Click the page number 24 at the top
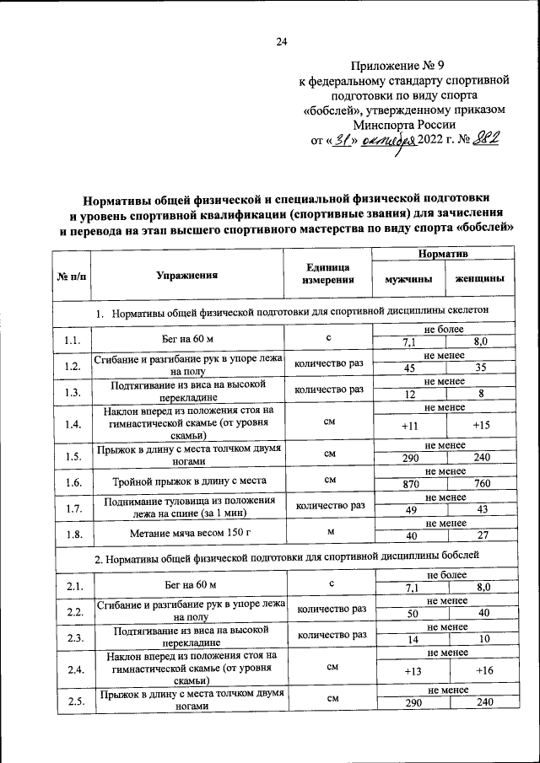click(283, 42)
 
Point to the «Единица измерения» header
click(329, 274)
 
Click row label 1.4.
click(72, 424)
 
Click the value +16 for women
click(483, 671)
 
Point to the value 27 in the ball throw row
click(481, 537)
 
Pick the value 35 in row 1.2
click(481, 368)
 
